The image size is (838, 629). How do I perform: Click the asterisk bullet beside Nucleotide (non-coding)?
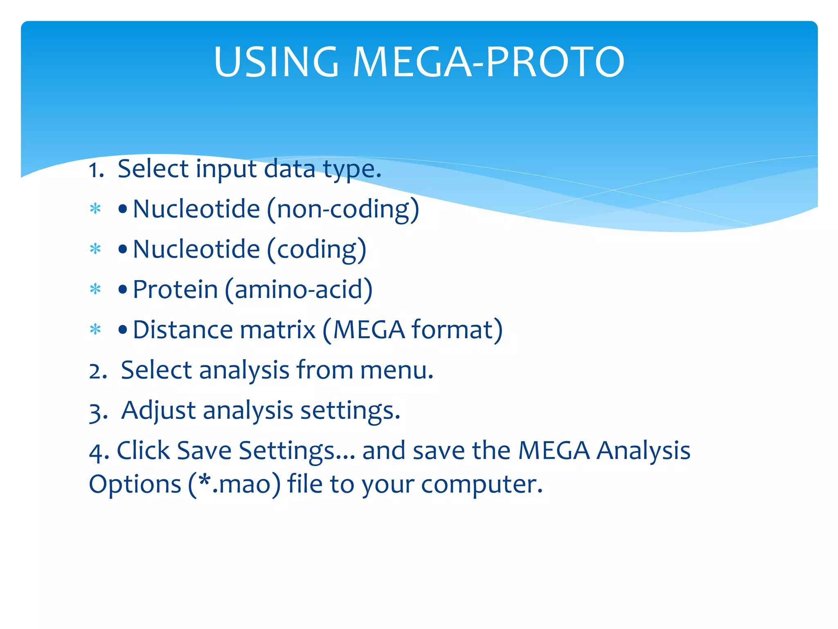point(95,209)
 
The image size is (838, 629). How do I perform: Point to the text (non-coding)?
point(343,209)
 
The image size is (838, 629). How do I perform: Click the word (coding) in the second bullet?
point(316,249)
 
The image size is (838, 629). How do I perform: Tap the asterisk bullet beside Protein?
point(95,290)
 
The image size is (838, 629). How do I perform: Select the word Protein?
point(175,290)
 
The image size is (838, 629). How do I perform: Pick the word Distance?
point(182,330)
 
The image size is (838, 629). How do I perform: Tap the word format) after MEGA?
point(457,330)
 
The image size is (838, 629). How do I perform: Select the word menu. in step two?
point(396,370)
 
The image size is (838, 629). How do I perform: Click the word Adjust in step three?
point(158,411)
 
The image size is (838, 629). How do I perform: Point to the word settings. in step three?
point(350,411)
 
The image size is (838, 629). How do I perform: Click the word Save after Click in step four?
point(204,451)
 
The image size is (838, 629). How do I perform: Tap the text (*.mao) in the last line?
point(234,484)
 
